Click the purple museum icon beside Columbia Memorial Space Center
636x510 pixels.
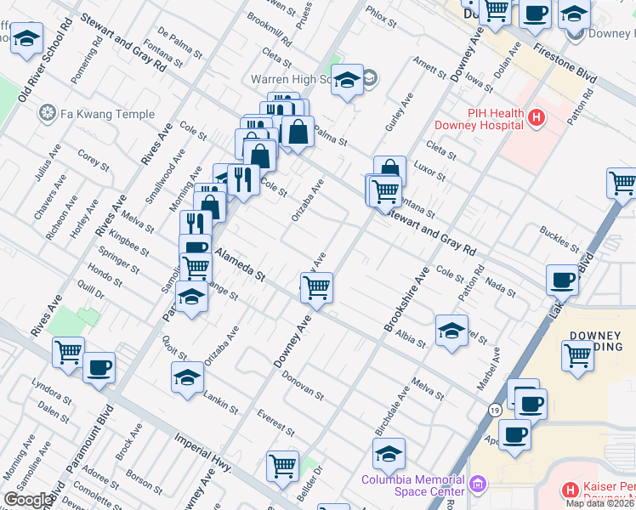click(479, 485)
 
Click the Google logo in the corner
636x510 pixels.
click(28, 500)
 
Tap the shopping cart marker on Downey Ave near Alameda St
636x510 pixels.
click(316, 287)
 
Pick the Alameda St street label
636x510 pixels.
click(240, 264)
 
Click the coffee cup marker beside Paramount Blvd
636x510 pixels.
click(99, 367)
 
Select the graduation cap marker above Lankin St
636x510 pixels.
click(187, 378)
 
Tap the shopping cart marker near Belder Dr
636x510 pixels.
click(282, 465)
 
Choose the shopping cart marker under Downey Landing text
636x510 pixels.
click(577, 355)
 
